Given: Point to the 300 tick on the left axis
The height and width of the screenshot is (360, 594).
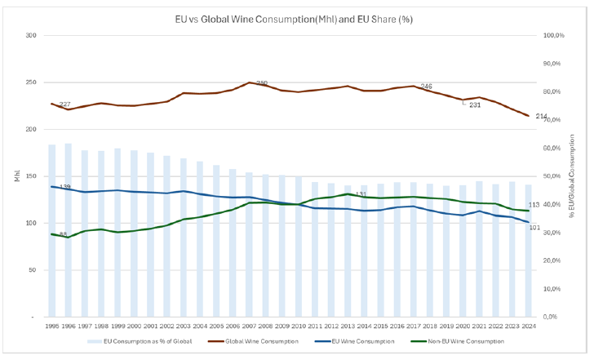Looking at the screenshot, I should pos(31,36).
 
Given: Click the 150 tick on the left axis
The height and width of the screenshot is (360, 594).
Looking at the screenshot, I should pos(31,176).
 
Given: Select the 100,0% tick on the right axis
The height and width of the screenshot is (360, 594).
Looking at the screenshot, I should pos(554,36).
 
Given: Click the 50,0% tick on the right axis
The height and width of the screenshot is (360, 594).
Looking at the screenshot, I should pos(554,176).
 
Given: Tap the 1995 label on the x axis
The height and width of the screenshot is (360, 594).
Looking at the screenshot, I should pos(51,325).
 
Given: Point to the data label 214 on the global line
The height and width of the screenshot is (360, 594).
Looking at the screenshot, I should pos(541,117).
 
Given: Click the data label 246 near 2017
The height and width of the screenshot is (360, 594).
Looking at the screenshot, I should pos(426,87).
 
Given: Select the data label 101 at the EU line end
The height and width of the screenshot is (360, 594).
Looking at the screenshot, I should pos(535,227).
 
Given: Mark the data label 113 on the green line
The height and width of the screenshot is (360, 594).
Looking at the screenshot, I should pos(535,205).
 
